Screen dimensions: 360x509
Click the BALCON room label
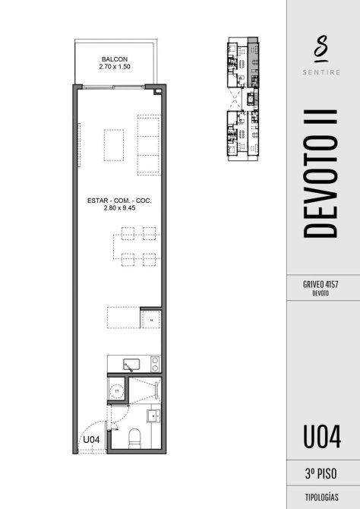coord(115,59)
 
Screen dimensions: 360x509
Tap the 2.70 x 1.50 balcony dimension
coord(115,67)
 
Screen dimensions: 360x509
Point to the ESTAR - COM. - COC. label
coord(119,201)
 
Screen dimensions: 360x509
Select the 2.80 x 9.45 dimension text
coord(119,208)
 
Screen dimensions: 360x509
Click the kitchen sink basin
coord(131,364)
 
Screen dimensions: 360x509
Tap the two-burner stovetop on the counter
coord(155,364)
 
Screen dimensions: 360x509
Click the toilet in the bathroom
coord(134,438)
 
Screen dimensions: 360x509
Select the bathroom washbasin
coord(153,416)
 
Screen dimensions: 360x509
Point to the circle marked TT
coord(117,391)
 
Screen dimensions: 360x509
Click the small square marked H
coord(151,319)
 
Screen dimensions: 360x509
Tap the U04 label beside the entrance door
coord(91,440)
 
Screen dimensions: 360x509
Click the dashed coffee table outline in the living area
coord(114,145)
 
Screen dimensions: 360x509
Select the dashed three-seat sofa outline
coord(149,145)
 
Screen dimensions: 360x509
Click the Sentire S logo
coord(321,49)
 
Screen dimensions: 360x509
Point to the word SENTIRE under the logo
coord(321,72)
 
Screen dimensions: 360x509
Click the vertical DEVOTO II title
coord(321,174)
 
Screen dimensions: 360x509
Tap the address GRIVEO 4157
coord(321,284)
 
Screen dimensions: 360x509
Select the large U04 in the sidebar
coord(322,437)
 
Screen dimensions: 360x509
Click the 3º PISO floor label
coord(321,473)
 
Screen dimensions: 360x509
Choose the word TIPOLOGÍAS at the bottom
coord(322,497)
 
